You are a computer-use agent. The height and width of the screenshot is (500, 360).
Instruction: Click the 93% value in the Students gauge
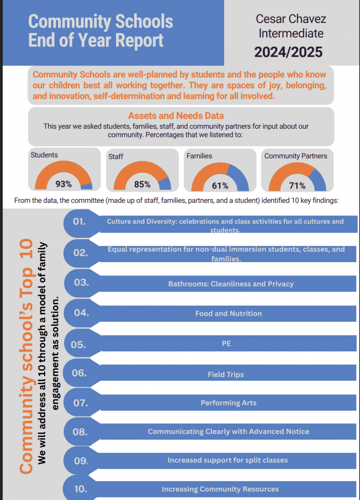click(x=64, y=184)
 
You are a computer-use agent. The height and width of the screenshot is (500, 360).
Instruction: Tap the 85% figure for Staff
click(x=142, y=185)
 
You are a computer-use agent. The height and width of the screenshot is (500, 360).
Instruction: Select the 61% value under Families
click(x=220, y=186)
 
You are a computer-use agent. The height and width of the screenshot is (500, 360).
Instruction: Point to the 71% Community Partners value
click(x=297, y=185)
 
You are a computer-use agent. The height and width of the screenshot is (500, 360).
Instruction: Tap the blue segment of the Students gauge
click(x=87, y=186)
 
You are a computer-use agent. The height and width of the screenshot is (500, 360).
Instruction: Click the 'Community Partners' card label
click(x=296, y=156)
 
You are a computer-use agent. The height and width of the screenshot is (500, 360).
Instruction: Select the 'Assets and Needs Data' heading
click(x=176, y=116)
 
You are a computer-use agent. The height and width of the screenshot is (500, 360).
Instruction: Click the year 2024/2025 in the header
click(x=288, y=52)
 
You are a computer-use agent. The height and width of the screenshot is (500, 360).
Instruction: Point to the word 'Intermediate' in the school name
click(x=291, y=33)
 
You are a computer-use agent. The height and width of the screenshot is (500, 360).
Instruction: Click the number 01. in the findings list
click(x=79, y=221)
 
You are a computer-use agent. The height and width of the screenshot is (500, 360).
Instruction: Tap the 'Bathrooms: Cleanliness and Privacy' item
click(x=231, y=284)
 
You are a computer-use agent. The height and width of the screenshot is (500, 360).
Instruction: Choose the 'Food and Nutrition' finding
click(x=229, y=314)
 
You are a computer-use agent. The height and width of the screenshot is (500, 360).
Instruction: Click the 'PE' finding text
click(x=226, y=343)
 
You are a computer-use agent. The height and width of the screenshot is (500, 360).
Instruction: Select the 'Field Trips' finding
click(x=226, y=375)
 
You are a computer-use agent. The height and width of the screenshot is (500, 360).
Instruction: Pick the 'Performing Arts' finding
click(x=229, y=403)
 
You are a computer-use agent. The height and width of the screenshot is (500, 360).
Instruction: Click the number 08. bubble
click(x=80, y=432)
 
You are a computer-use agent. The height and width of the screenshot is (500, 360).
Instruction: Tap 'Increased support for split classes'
click(x=227, y=460)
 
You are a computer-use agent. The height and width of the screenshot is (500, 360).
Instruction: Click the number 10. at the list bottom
click(x=80, y=489)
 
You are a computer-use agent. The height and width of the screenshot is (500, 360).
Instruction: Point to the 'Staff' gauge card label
click(x=115, y=157)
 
